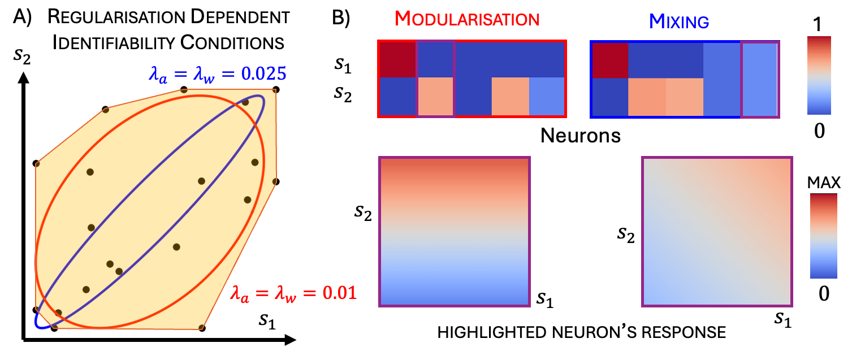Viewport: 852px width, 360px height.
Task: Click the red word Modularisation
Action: click(x=467, y=20)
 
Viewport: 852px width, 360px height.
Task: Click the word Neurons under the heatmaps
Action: click(x=580, y=135)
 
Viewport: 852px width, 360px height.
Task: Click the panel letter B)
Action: click(x=344, y=18)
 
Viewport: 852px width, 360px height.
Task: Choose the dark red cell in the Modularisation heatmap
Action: click(x=397, y=59)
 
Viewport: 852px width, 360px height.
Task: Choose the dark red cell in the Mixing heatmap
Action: click(x=609, y=59)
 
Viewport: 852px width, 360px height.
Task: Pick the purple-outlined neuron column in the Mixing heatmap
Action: click(x=760, y=79)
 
